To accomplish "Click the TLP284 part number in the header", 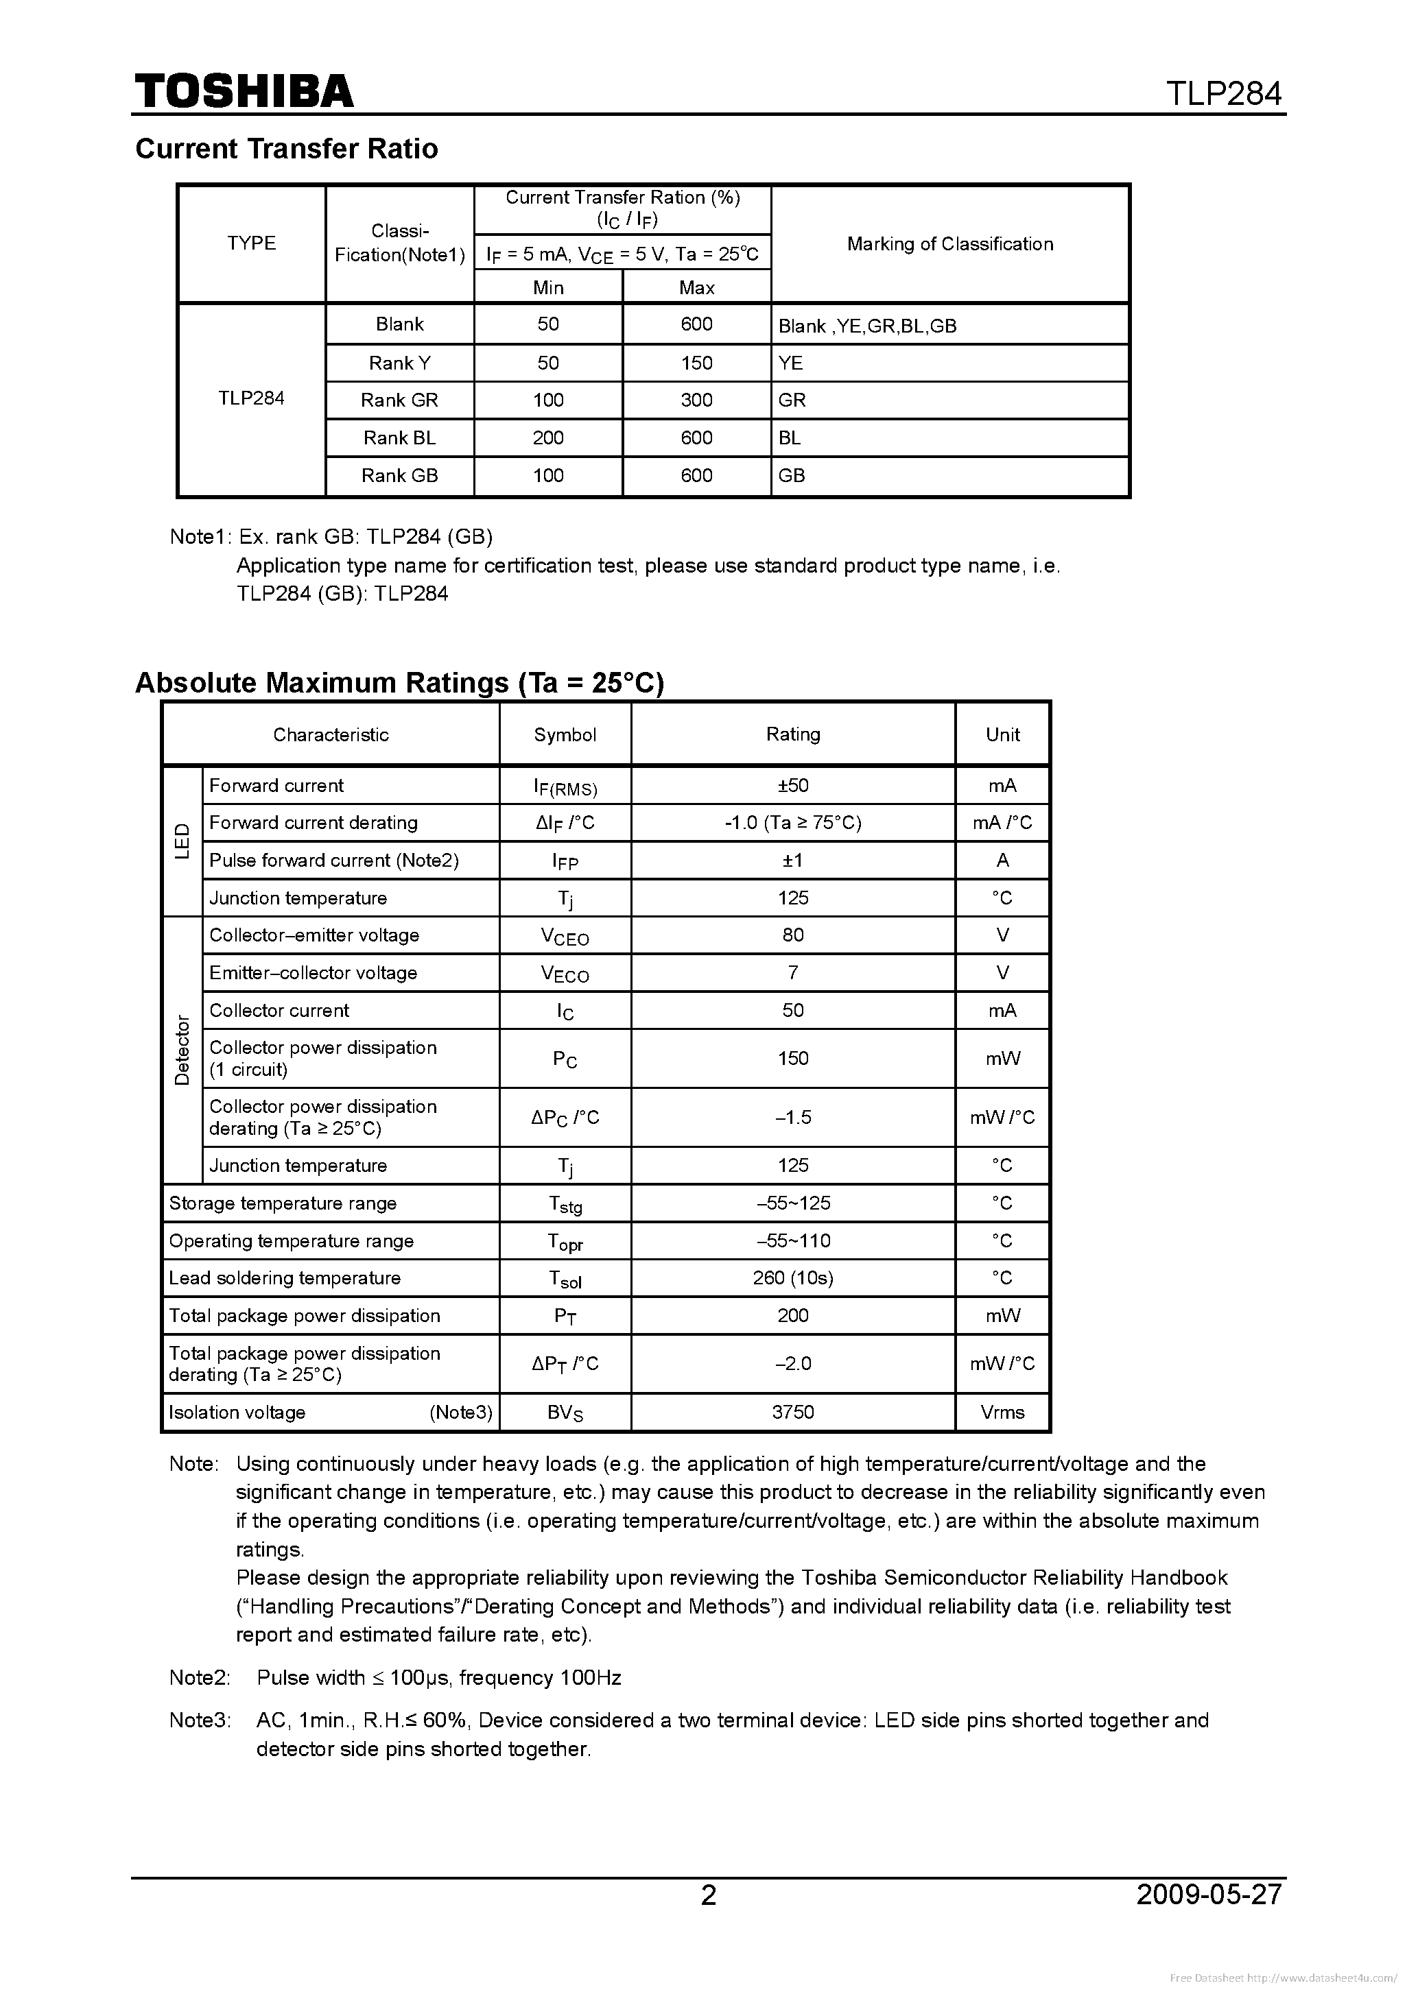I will tap(1224, 93).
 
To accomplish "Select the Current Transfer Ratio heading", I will tap(287, 148).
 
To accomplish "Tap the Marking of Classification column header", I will tap(949, 243).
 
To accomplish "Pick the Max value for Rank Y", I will tap(696, 363).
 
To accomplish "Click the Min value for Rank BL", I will tap(548, 437).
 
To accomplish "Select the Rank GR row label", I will tap(399, 400).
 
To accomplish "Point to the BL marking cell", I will tap(790, 437).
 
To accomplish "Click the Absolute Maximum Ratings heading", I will tap(399, 682).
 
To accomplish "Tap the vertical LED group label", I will tap(182, 841).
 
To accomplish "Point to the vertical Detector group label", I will tap(182, 1050).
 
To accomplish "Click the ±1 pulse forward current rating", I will tap(792, 860).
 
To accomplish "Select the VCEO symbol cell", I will tap(565, 936).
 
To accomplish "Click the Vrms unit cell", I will tap(1002, 1412).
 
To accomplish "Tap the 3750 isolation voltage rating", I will tap(792, 1412).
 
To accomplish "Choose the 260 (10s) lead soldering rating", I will tap(792, 1277).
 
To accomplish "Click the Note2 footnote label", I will tap(199, 1677).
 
